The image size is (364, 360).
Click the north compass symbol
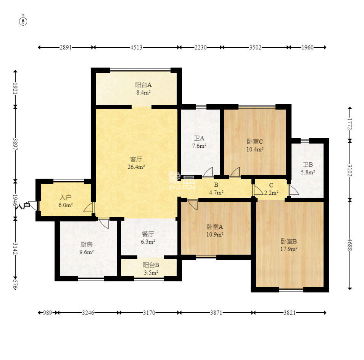pos(23,21)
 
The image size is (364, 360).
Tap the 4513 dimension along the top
pos(136,47)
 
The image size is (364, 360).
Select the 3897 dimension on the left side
pos(15,144)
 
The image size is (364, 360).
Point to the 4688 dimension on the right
pos(350,245)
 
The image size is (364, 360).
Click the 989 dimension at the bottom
pos(48,313)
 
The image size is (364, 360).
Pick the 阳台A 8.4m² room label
pos(143,89)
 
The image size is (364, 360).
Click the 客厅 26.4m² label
pos(136,163)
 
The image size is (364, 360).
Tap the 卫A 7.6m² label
pos(199,142)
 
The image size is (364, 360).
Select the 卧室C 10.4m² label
pos(255,145)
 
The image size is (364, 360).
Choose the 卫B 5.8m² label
pos(308,168)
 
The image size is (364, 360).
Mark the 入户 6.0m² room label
pos(66,201)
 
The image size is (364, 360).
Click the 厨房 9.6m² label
pos(87,248)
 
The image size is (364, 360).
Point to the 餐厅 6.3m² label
pos(148,238)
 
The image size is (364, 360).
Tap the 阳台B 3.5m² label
pos(151,269)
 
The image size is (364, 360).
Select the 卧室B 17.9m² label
pos(289,245)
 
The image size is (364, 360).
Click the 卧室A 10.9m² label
pos(215,231)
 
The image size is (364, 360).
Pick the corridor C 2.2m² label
pos(271,189)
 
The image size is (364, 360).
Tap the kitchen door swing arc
pos(104,223)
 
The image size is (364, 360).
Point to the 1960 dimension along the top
pos(308,47)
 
